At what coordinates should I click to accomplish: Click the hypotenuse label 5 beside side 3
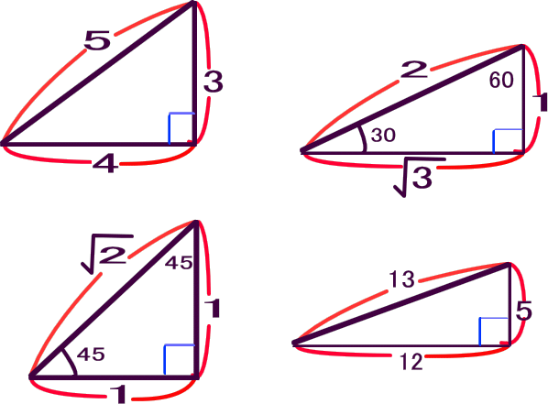[x=97, y=40]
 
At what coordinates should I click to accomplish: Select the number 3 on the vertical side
[x=214, y=82]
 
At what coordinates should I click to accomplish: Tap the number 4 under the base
[x=105, y=164]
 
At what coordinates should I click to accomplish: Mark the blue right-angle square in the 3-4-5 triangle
[x=181, y=128]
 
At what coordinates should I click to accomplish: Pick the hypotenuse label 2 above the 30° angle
[x=414, y=70]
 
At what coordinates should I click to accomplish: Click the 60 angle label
[x=501, y=80]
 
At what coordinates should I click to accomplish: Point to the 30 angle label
[x=383, y=136]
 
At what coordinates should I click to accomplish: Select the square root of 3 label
[x=418, y=177]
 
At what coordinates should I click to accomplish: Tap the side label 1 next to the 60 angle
[x=543, y=103]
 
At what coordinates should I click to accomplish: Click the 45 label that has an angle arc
[x=91, y=355]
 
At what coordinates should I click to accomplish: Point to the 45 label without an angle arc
[x=179, y=262]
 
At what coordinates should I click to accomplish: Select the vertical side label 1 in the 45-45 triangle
[x=213, y=308]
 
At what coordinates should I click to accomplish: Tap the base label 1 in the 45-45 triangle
[x=119, y=394]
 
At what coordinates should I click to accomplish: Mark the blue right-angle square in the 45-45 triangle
[x=179, y=360]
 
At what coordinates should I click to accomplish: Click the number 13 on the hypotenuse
[x=402, y=279]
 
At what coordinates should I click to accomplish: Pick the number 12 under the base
[x=411, y=362]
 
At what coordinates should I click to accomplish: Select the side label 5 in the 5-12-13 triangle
[x=524, y=311]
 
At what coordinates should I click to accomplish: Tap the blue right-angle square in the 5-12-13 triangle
[x=494, y=332]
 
